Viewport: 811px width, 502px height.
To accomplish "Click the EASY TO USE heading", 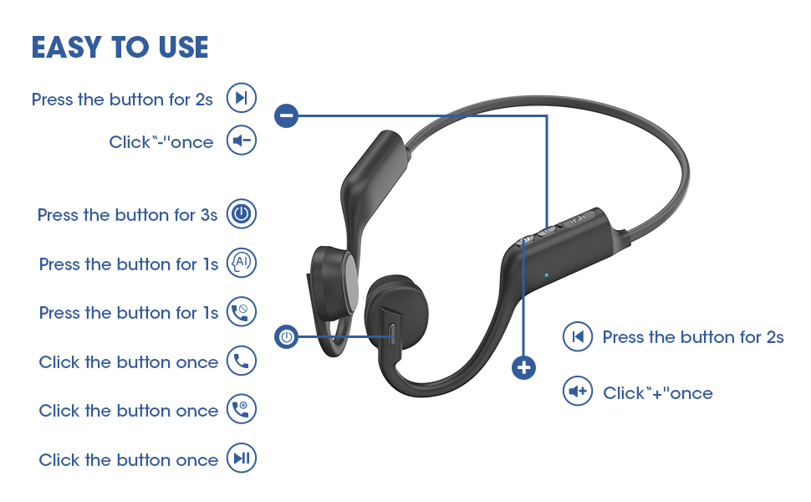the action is pos(120,47).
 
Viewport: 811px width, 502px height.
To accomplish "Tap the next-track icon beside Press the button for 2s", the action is pos(242,99).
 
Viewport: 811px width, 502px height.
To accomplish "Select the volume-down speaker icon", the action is pos(242,141).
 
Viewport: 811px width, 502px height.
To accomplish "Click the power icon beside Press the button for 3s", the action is pos(242,214).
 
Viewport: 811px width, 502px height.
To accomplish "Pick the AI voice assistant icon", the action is pos(242,264).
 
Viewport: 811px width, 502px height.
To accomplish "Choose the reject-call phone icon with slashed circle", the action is pos(242,312).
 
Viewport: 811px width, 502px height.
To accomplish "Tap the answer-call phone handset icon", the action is pos(242,361).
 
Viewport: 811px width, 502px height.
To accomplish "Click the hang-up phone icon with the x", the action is pos(242,410).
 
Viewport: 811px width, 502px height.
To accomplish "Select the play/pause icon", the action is pos(242,458).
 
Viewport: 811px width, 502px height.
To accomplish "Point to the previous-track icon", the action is pos(577,337).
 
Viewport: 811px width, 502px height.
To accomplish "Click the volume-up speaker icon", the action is pos(577,392).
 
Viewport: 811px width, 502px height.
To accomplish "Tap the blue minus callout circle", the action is pos(287,115).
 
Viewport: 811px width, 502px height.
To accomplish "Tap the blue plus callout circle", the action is pos(524,366).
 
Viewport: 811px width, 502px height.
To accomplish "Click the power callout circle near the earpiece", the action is pos(287,337).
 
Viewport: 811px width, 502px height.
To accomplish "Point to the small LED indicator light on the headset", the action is pos(546,274).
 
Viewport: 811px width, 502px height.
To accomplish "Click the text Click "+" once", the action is pos(658,393).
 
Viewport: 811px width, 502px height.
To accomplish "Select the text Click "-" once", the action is pos(161,142).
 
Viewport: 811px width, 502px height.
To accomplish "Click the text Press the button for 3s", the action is pos(127,215).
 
